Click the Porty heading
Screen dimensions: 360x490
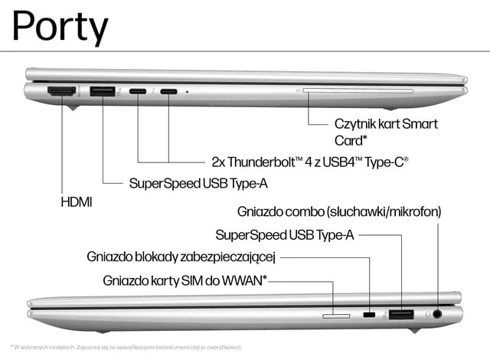click(x=60, y=27)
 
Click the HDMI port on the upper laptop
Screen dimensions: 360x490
click(x=62, y=92)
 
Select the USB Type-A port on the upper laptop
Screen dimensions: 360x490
click(x=102, y=92)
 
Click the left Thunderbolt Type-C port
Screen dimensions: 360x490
click(x=139, y=92)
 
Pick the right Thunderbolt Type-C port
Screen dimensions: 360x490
click(x=168, y=92)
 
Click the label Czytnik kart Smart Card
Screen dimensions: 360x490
click(x=386, y=131)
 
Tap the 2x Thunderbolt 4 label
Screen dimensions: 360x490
click(x=310, y=162)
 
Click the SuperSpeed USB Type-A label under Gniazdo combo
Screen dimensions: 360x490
click(x=284, y=234)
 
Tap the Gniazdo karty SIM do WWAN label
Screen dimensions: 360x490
click(x=185, y=280)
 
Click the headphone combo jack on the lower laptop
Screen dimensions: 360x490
click(x=439, y=313)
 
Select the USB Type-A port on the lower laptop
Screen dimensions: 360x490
click(x=401, y=314)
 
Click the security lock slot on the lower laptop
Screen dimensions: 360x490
click(x=370, y=315)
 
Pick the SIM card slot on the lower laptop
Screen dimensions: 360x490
click(x=335, y=314)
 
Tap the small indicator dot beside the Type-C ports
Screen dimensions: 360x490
click(x=188, y=92)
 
